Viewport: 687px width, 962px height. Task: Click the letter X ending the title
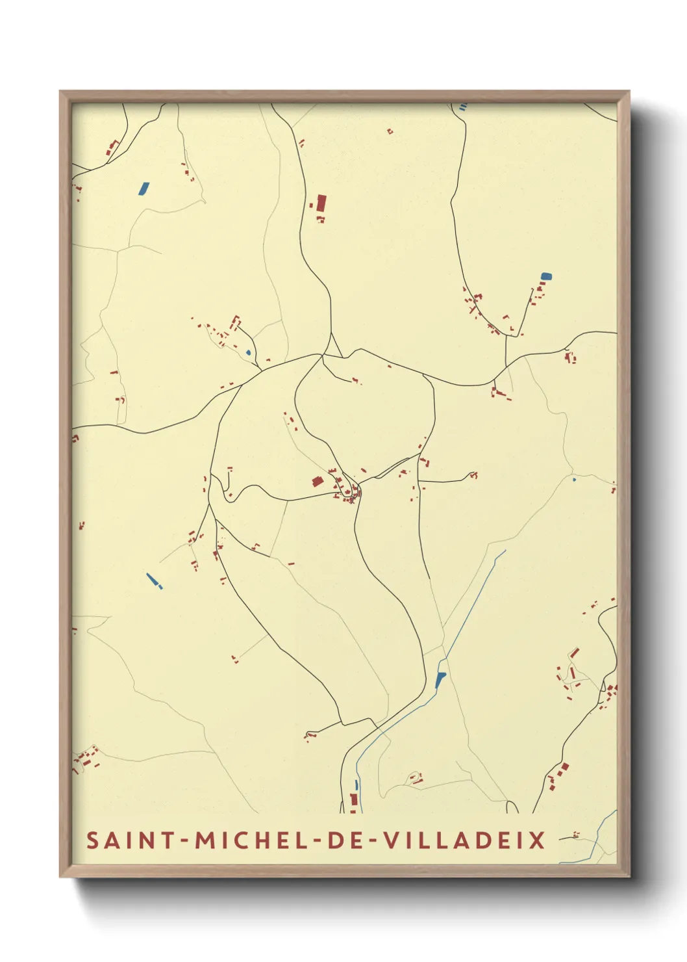[x=538, y=840]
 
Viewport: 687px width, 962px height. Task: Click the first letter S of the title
[x=93, y=840]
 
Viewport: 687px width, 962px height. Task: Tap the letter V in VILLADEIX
[x=392, y=840]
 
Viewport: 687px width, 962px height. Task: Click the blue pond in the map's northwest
[x=143, y=188]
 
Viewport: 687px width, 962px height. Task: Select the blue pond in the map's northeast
[x=545, y=276]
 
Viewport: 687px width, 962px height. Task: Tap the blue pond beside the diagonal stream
[x=441, y=680]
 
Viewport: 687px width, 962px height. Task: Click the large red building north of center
[x=321, y=202]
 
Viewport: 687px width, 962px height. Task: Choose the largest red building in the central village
[x=318, y=481]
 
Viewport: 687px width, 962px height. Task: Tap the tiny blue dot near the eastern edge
[x=574, y=480]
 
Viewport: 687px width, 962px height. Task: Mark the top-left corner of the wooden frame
[x=61, y=92]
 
